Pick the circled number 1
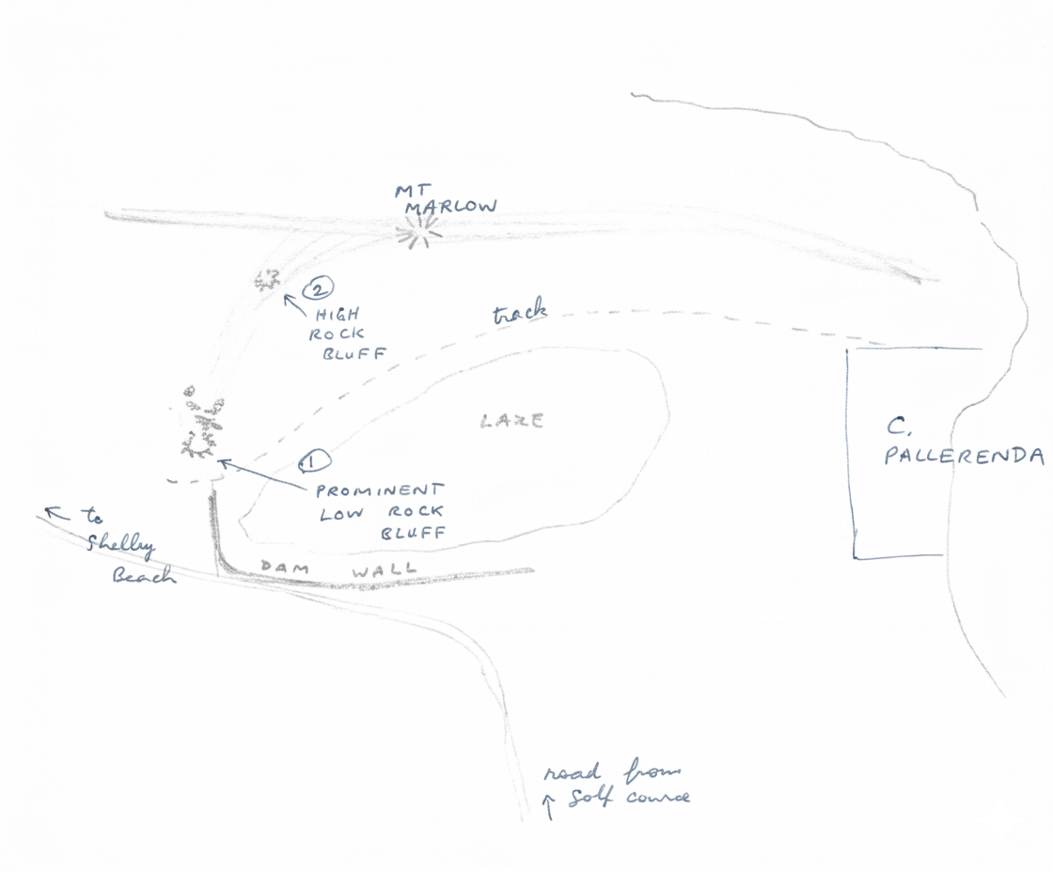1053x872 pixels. pyautogui.click(x=312, y=461)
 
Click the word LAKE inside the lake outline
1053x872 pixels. pyautogui.click(x=512, y=421)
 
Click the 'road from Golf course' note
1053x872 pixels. pyautogui.click(x=616, y=787)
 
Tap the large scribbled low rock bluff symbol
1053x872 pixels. pyautogui.click(x=202, y=425)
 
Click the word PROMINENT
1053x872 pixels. pyautogui.click(x=378, y=491)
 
